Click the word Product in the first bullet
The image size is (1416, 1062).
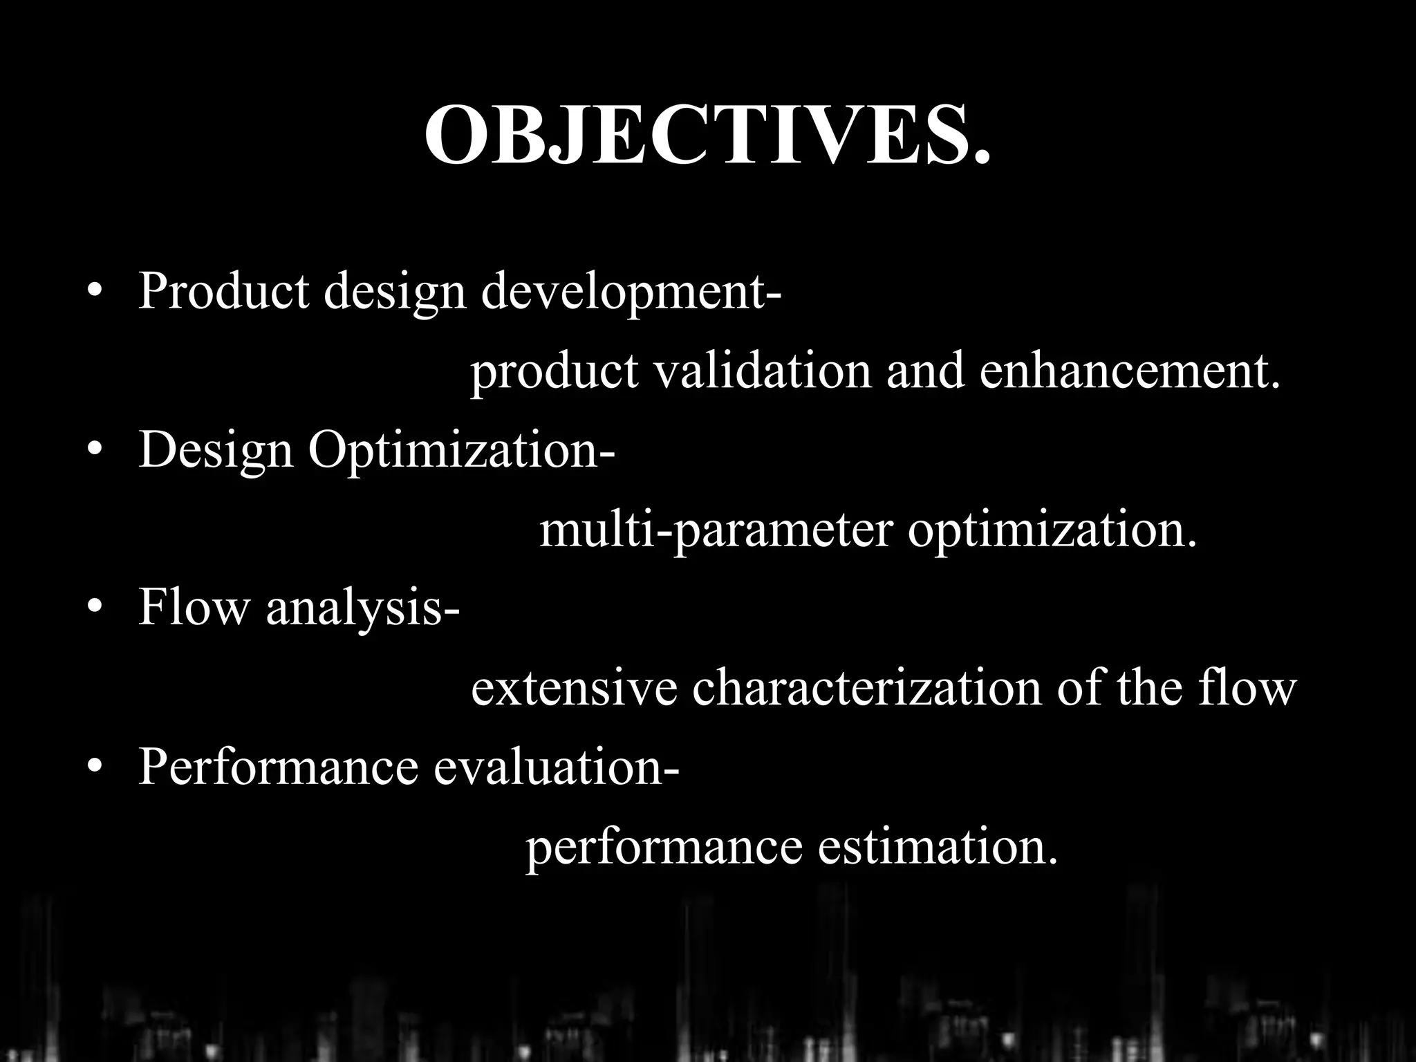pyautogui.click(x=223, y=290)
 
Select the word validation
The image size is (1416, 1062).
pyautogui.click(x=762, y=371)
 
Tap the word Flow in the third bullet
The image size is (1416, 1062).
pyautogui.click(x=193, y=607)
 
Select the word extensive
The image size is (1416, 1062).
pyautogui.click(x=574, y=689)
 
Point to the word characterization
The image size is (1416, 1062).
pyautogui.click(x=866, y=689)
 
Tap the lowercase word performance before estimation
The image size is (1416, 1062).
pyautogui.click(x=664, y=848)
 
